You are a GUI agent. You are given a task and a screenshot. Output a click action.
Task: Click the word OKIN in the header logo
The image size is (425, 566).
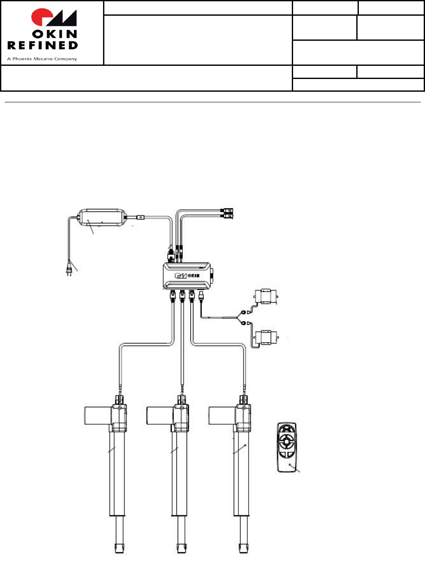point(55,34)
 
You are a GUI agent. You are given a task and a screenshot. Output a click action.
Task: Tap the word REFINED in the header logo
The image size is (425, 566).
point(42,45)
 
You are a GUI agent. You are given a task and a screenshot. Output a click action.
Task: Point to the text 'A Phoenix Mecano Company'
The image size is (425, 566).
point(42,59)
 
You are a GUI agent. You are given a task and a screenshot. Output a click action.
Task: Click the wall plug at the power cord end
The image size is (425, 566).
point(69,271)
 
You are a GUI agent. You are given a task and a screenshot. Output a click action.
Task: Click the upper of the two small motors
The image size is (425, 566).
point(266,296)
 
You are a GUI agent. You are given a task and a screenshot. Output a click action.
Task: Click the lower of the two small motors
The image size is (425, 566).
point(266,337)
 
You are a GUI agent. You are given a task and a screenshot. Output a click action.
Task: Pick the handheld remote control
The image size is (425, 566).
point(287,447)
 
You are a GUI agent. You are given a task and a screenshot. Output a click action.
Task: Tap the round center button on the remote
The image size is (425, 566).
point(287,442)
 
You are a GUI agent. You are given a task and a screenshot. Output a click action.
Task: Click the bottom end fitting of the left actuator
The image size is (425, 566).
point(118,548)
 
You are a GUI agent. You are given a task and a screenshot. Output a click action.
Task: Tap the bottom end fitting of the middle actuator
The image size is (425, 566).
point(181,548)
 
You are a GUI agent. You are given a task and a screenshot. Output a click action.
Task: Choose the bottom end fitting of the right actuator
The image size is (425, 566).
point(243,548)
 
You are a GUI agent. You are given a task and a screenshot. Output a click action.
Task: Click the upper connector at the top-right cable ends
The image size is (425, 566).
point(228,210)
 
